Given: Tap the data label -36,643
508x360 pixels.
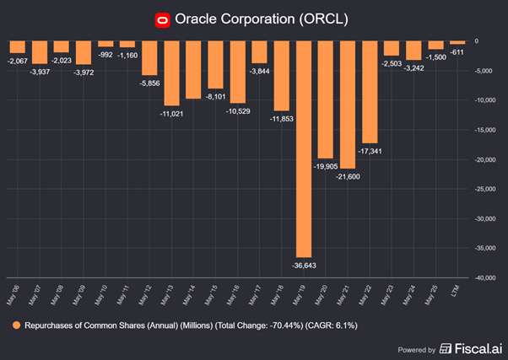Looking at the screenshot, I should pyautogui.click(x=304, y=265).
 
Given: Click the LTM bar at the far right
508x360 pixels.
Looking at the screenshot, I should pyautogui.click(x=457, y=42).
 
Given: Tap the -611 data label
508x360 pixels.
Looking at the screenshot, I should pyautogui.click(x=457, y=51).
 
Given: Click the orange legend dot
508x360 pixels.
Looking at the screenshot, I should pyautogui.click(x=17, y=324).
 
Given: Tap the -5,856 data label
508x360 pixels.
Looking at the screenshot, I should pyautogui.click(x=149, y=83).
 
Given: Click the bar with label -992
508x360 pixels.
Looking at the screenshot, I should pyautogui.click(x=105, y=43).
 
